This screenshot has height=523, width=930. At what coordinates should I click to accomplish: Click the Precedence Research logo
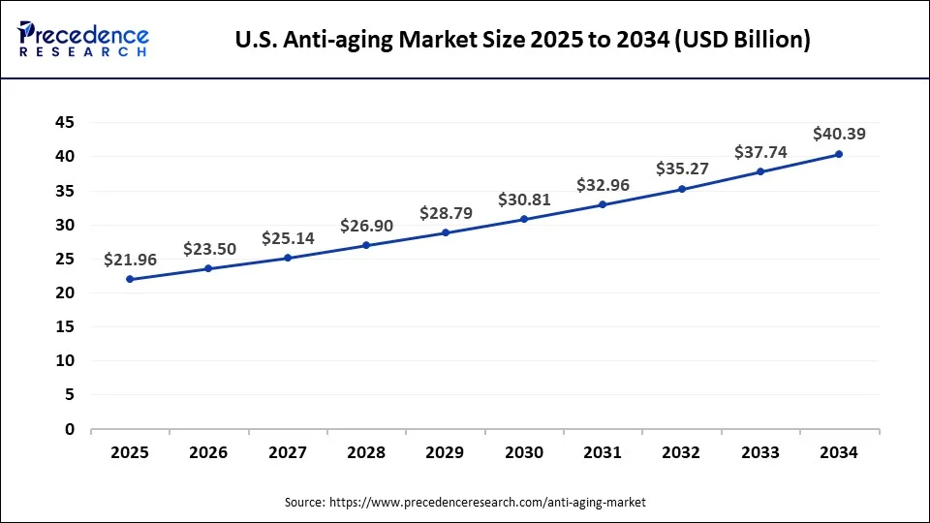point(83,39)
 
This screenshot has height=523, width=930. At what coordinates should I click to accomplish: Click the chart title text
point(523,40)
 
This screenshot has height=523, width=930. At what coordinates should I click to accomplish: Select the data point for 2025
point(130,279)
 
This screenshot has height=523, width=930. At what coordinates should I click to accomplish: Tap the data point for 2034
point(839,154)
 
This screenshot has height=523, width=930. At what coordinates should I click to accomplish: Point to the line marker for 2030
point(524,219)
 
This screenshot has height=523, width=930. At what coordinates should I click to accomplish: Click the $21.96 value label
point(130,260)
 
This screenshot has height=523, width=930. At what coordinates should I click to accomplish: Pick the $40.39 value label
point(839,134)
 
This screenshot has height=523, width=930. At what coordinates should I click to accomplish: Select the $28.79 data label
point(446,212)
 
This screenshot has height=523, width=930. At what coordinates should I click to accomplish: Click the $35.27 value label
point(682,169)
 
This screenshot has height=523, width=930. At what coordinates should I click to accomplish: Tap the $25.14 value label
point(288,237)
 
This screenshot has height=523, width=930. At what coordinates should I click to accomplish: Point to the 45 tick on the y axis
point(65,122)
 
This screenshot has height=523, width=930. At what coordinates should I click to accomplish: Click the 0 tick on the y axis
point(70,429)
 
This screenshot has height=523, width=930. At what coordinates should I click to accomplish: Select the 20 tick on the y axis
point(65,292)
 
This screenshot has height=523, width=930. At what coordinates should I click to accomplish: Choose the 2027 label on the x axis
point(288,452)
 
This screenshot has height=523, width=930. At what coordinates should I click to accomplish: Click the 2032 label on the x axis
point(682,452)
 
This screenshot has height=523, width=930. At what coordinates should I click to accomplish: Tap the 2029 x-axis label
point(446,452)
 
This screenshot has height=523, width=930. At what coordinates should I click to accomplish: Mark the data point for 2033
point(760,171)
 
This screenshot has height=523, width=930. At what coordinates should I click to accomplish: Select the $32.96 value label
point(603,184)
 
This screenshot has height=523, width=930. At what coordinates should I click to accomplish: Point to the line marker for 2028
point(366,245)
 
